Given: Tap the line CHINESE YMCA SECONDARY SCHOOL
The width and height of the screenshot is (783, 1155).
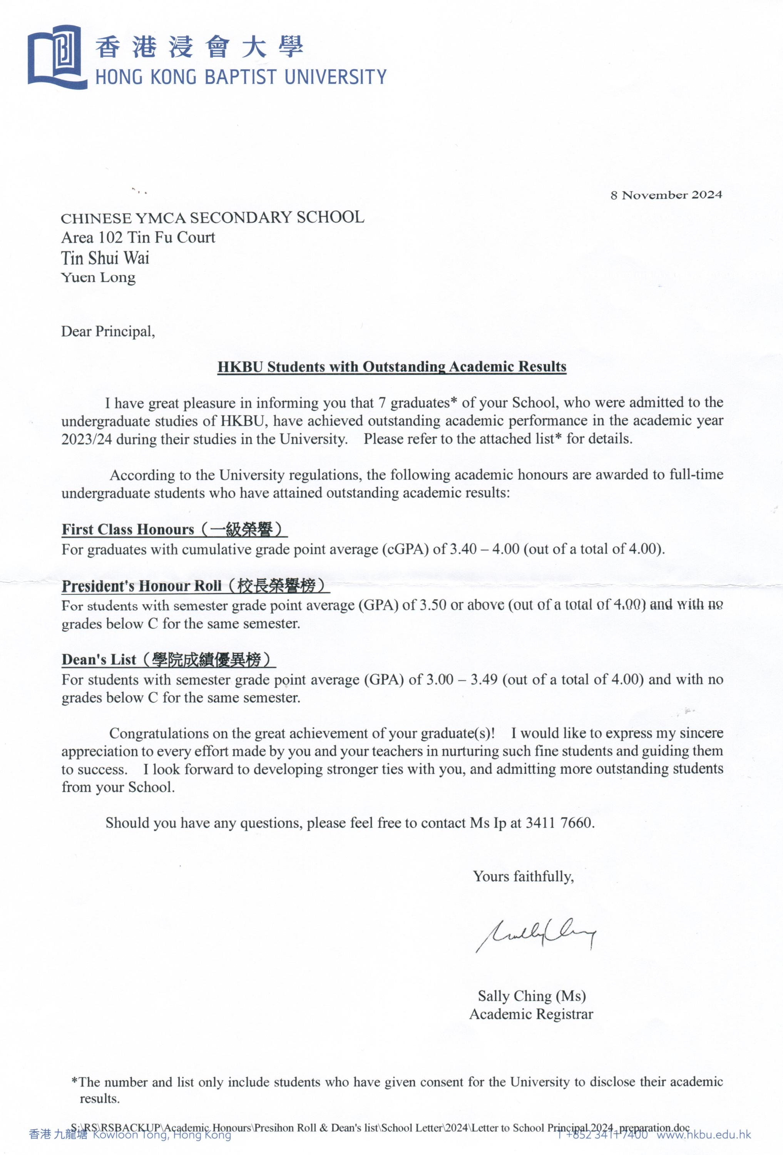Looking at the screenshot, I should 212,218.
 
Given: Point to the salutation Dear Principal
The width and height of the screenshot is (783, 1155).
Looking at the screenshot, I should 108,331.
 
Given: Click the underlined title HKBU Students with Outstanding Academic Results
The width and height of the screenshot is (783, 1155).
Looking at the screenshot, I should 391,367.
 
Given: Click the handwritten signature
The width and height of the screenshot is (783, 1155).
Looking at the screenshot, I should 535,934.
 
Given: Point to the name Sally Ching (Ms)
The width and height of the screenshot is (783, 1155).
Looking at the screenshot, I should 532,996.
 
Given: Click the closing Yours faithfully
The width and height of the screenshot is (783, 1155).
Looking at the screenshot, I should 523,876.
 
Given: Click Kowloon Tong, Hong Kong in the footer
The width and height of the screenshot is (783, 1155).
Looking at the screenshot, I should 162,1135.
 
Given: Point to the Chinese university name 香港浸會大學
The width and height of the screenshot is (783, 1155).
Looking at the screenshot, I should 199,47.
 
